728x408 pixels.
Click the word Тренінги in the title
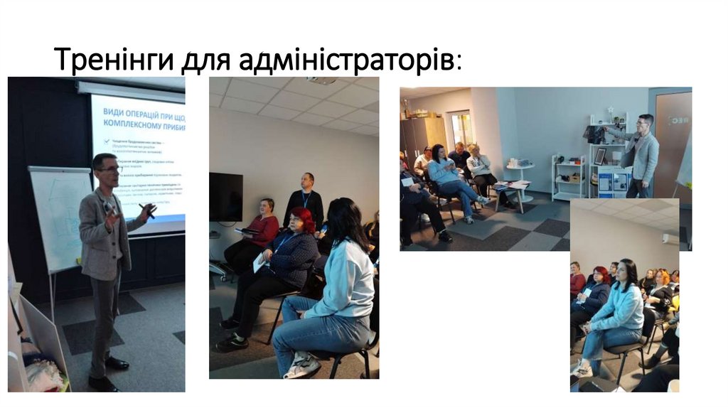(x=114, y=60)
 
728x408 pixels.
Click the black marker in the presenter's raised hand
(x=148, y=210)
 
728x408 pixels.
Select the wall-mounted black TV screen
(x=225, y=197)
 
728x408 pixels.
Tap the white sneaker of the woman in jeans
(x=301, y=365)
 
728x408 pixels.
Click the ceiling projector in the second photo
(x=323, y=80)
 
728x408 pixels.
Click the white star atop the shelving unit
(x=610, y=111)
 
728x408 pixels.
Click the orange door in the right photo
(x=673, y=135)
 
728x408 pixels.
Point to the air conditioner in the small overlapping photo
(x=670, y=239)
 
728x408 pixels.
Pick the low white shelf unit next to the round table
(x=569, y=178)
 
